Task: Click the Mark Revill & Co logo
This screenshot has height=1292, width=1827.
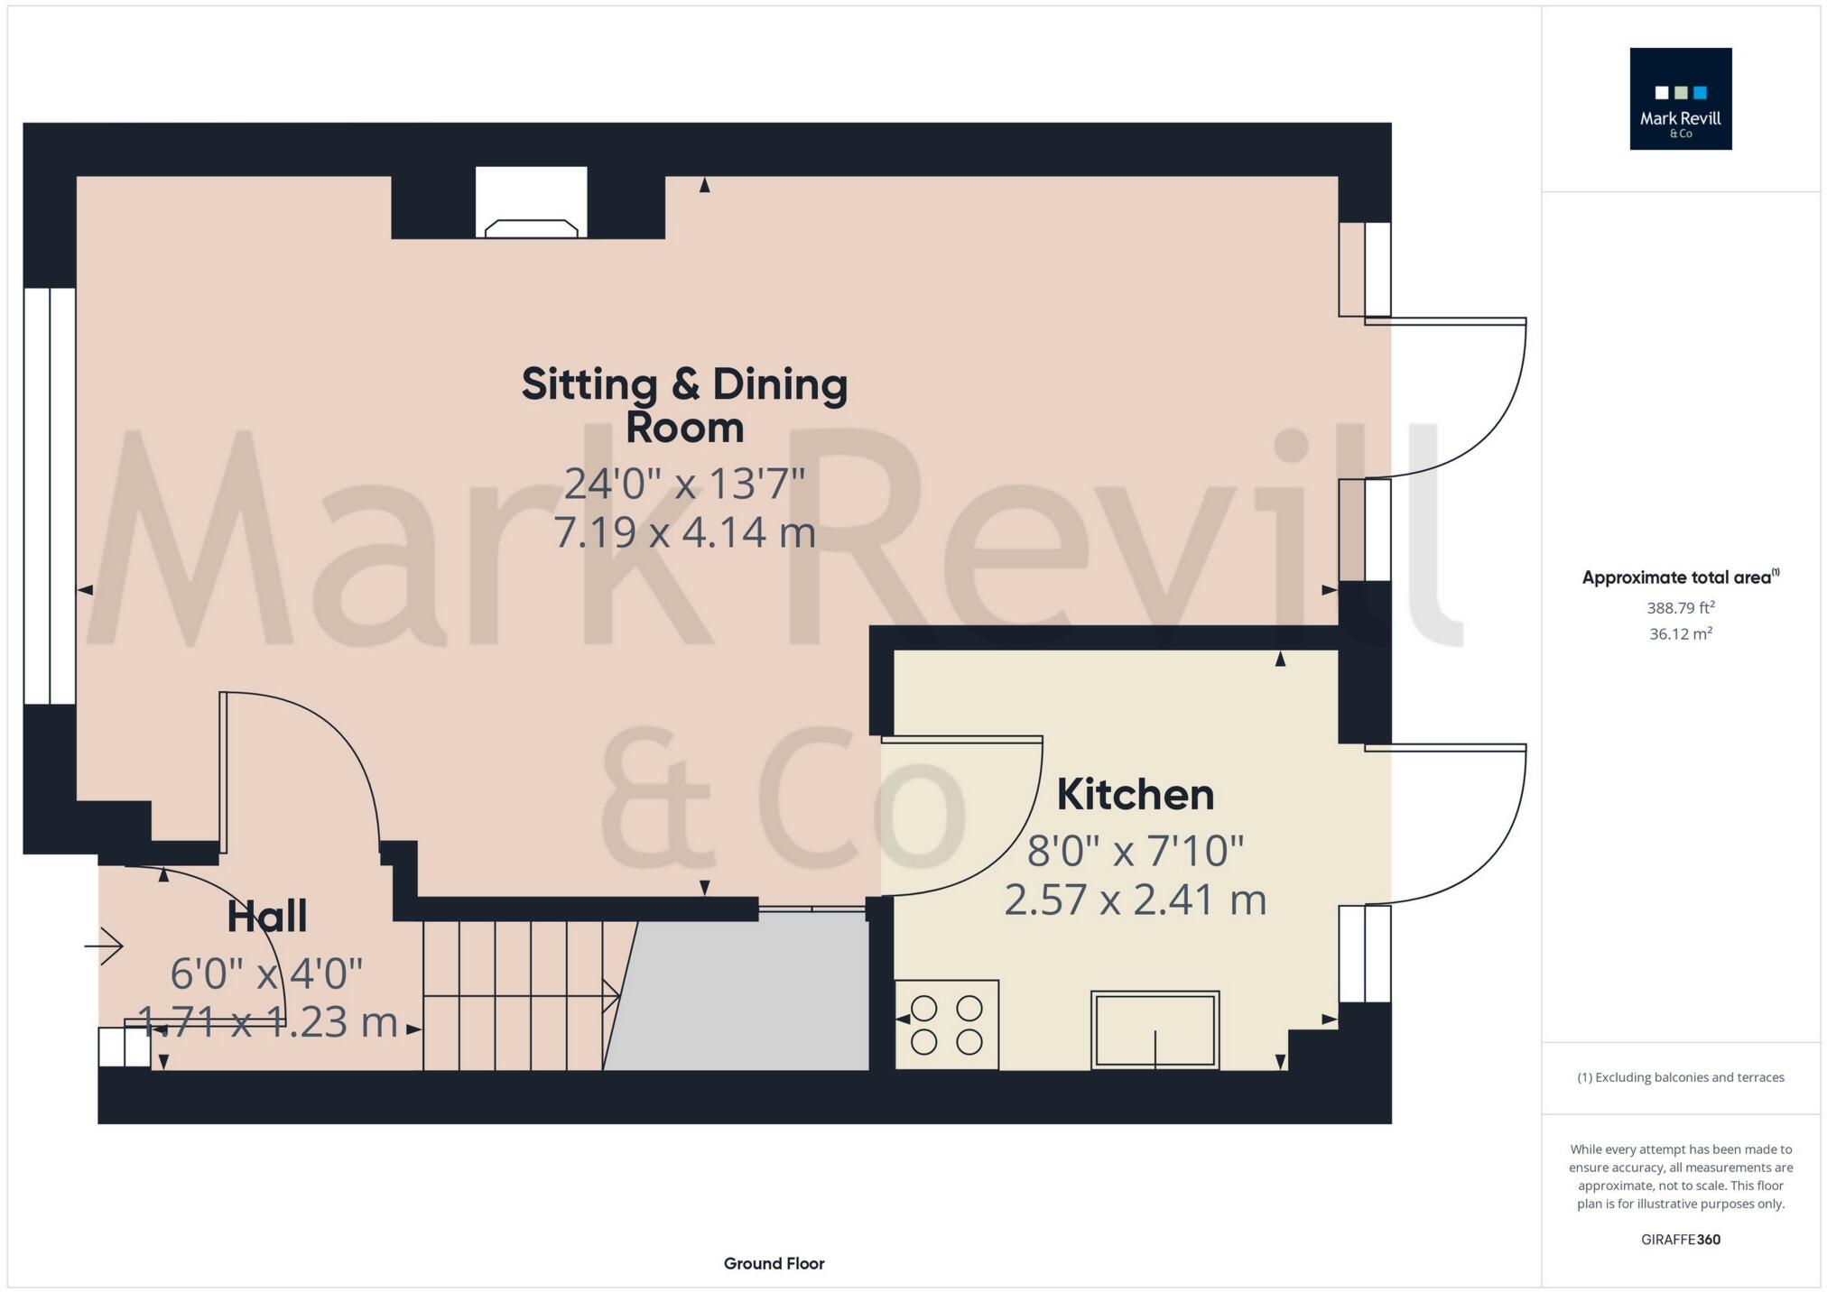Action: (x=1680, y=98)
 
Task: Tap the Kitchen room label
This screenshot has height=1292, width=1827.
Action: (x=1135, y=795)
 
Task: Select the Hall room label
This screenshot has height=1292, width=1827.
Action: (x=266, y=917)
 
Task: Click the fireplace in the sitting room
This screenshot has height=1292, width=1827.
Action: (x=532, y=204)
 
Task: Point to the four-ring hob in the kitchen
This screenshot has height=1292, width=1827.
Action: (x=946, y=1024)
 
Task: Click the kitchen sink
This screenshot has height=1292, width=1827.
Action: (x=1155, y=1029)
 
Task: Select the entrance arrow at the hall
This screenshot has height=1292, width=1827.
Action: (x=105, y=946)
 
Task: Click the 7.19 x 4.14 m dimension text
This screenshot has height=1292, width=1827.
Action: (x=684, y=532)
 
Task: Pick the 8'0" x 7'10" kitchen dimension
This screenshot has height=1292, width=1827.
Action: (x=1135, y=851)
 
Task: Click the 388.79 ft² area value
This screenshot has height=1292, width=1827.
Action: (x=1680, y=608)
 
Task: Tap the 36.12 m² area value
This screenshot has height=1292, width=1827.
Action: (x=1680, y=633)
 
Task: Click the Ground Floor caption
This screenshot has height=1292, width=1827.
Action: (x=774, y=1263)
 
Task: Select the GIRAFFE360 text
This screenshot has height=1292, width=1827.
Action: (x=1680, y=1239)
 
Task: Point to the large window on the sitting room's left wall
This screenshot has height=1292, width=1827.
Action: (x=50, y=495)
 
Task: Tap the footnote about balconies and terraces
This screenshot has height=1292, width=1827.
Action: (x=1680, y=1077)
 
